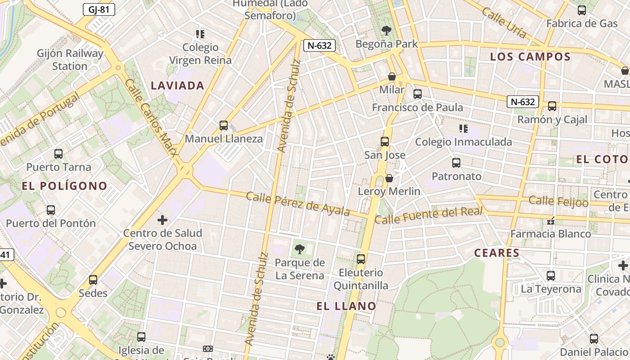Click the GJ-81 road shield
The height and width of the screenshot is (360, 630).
pyautogui.click(x=99, y=9)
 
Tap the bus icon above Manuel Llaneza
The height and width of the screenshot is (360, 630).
pyautogui.click(x=224, y=126)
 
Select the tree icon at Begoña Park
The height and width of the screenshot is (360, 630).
pyautogui.click(x=386, y=31)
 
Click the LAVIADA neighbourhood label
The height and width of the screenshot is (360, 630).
pyautogui.click(x=177, y=85)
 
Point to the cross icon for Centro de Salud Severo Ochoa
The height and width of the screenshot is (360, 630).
pyautogui.click(x=162, y=220)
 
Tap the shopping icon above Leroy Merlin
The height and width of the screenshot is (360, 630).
pyautogui.click(x=389, y=178)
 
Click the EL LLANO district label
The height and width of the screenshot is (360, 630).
pyautogui.click(x=346, y=306)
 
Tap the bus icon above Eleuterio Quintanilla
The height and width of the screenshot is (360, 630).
pyautogui.click(x=361, y=259)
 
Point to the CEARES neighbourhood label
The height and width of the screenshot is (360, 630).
pyautogui.click(x=497, y=253)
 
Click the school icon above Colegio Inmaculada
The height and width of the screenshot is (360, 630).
pyautogui.click(x=463, y=129)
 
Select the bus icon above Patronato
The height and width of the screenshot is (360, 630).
pyautogui.click(x=456, y=163)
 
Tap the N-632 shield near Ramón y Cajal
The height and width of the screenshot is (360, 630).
pyautogui.click(x=523, y=102)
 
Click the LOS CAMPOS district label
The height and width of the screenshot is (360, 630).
pyautogui.click(x=530, y=57)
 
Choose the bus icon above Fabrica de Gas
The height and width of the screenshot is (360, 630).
pyautogui.click(x=582, y=10)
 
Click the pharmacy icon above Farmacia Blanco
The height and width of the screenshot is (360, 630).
pyautogui.click(x=550, y=221)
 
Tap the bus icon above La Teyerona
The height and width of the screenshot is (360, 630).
pyautogui.click(x=551, y=276)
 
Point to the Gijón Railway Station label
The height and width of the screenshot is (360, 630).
pyautogui.click(x=70, y=59)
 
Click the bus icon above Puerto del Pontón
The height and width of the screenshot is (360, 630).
pyautogui.click(x=51, y=210)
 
